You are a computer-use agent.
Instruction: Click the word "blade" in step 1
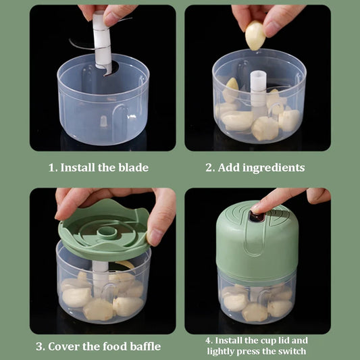coord(133,168)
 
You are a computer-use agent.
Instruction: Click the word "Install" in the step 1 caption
coord(78,168)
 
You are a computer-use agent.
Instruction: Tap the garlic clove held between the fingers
coord(255,35)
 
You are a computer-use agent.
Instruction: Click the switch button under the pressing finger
coord(257,217)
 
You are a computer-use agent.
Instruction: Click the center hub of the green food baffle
coord(107,232)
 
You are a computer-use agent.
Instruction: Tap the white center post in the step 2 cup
coord(258,92)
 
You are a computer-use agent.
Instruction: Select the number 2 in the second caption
coord(209,168)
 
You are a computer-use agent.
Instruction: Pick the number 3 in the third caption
coord(40,346)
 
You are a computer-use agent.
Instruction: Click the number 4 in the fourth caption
coord(209,340)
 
